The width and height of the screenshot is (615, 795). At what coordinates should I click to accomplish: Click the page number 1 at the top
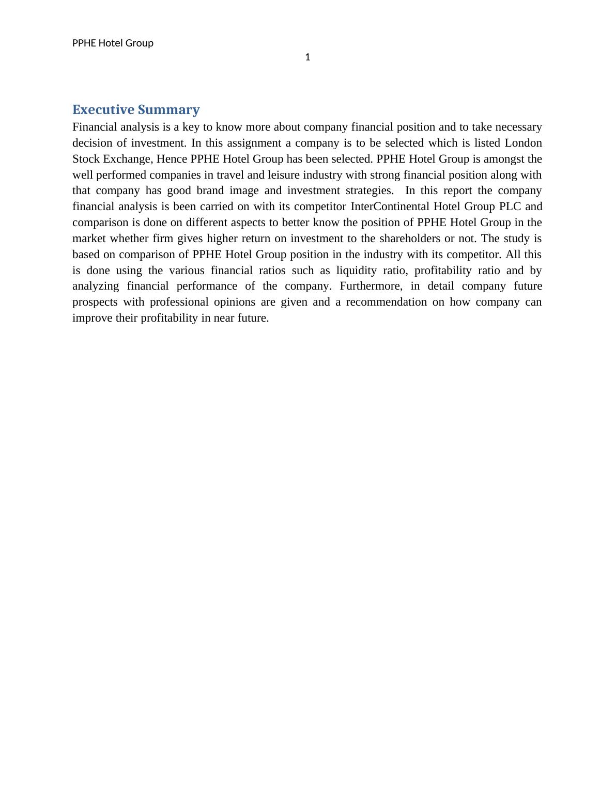tap(308, 57)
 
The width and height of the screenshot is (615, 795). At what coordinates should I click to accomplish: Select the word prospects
tap(95, 302)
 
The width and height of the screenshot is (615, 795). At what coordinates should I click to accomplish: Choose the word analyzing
tap(96, 286)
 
